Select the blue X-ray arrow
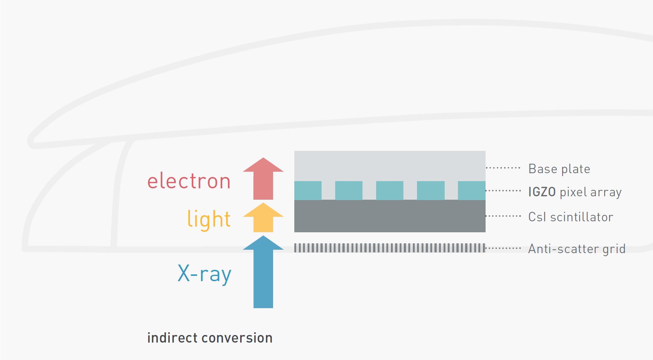[x=263, y=273]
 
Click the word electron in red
[x=189, y=181]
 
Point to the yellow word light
[x=209, y=219]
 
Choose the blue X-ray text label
[x=204, y=274]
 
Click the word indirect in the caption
[x=172, y=338]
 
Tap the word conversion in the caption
[x=237, y=338]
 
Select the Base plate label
[x=559, y=169]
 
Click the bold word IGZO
[x=542, y=192]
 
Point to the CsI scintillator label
[x=570, y=217]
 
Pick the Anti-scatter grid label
[x=576, y=249]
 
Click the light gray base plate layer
[x=390, y=165]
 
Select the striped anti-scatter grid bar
[x=390, y=248]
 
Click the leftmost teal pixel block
[x=308, y=190]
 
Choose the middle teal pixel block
[x=390, y=190]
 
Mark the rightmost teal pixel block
[x=472, y=190]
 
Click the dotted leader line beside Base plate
[x=503, y=167]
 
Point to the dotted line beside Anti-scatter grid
[x=503, y=248]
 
